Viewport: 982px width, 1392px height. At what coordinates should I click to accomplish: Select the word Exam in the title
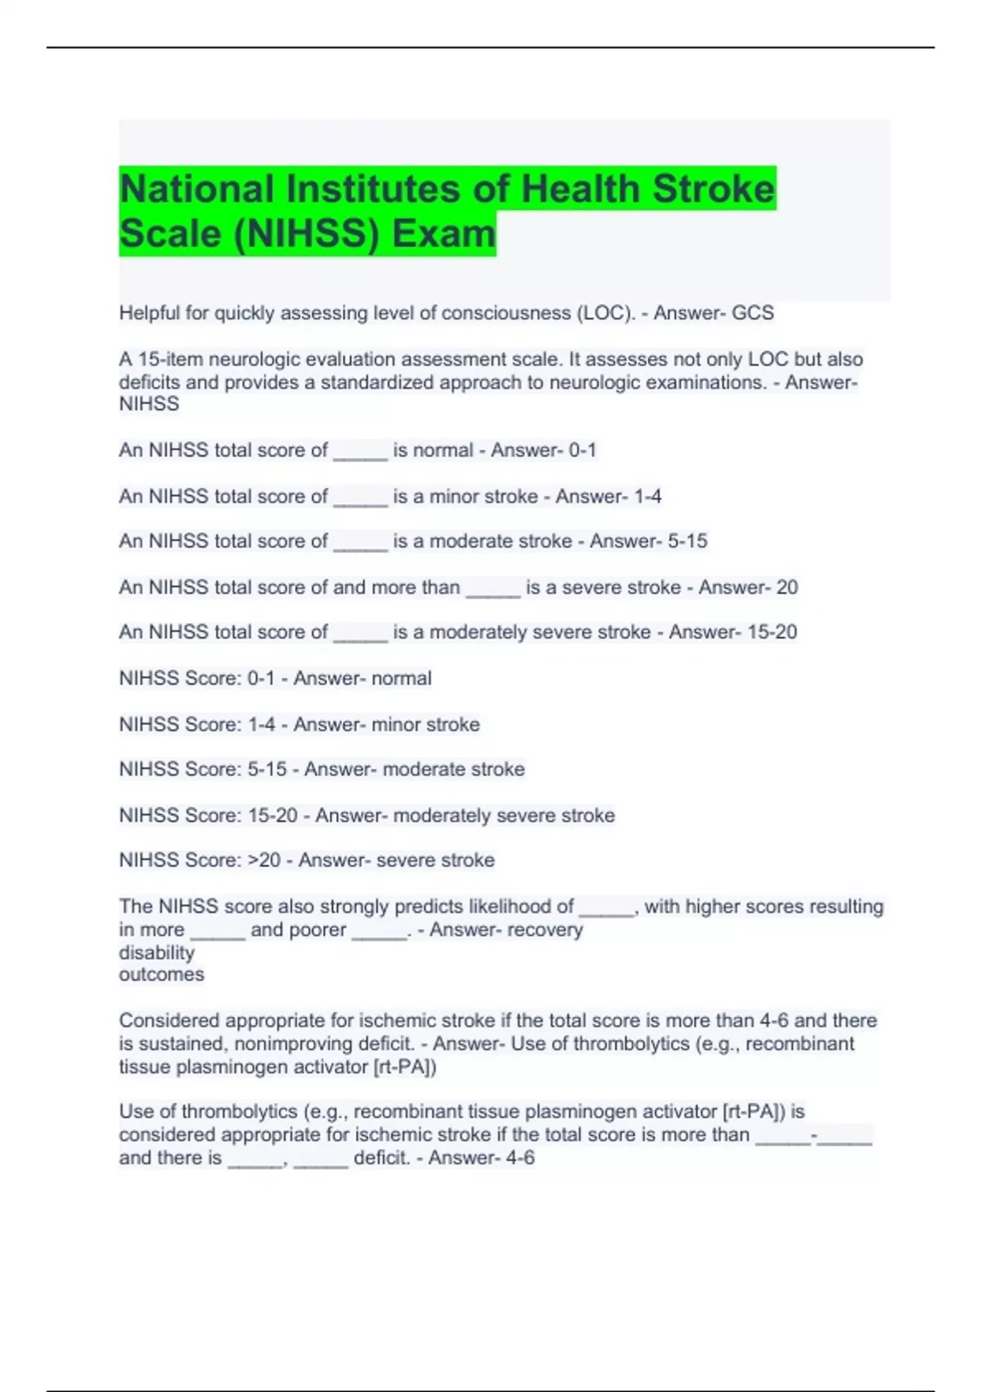click(x=444, y=233)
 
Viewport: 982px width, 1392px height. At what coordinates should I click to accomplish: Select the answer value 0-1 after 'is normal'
click(x=583, y=450)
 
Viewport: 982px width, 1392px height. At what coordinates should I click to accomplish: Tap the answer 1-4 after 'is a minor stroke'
click(x=647, y=496)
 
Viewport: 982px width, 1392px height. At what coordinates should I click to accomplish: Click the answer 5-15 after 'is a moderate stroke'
click(x=687, y=541)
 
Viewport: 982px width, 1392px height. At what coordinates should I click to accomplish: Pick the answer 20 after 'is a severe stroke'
click(x=786, y=587)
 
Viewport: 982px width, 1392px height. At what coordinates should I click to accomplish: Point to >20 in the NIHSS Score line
click(x=264, y=861)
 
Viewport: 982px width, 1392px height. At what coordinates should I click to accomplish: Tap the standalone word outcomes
click(x=161, y=974)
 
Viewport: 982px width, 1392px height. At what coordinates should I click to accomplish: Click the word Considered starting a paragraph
click(x=169, y=1021)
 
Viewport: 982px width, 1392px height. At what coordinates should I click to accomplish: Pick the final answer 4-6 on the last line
click(x=517, y=1158)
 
